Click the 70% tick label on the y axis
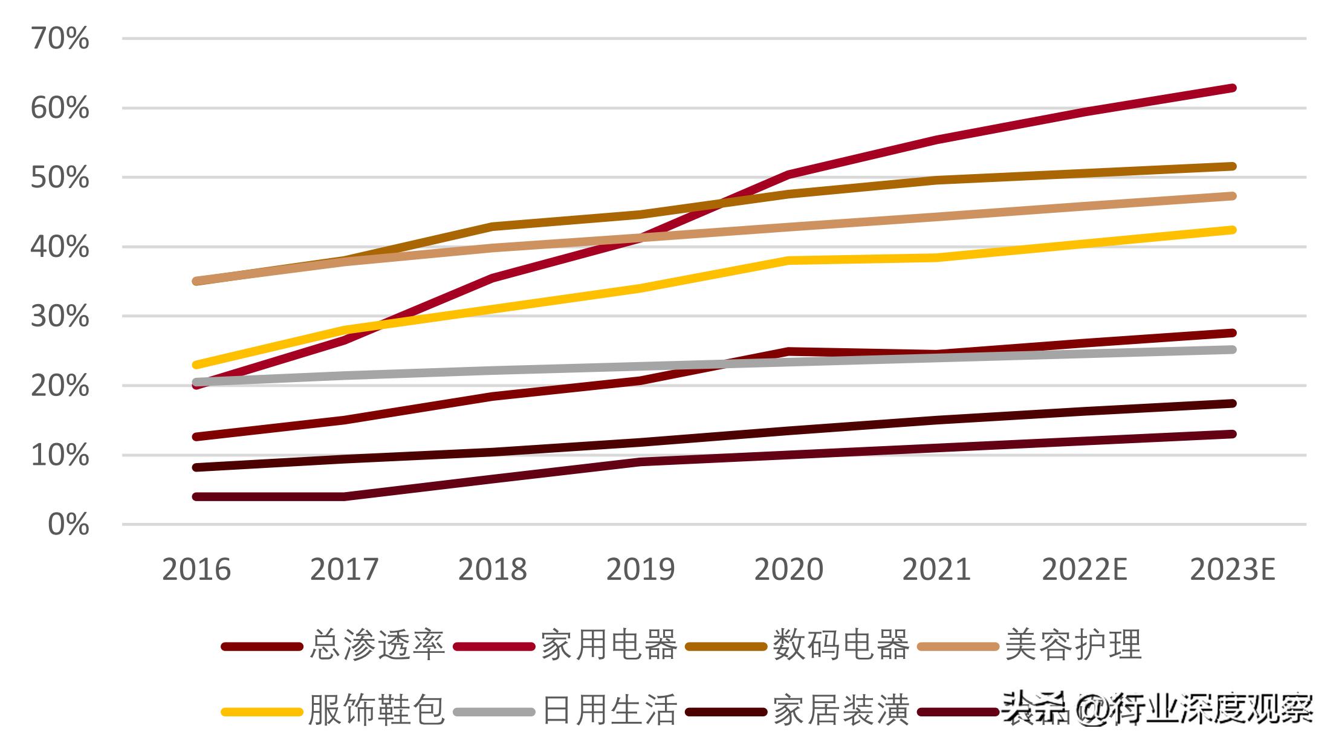tap(60, 39)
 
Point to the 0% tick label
tap(68, 525)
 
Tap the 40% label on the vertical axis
tap(60, 247)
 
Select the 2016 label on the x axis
tap(196, 569)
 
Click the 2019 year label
tap(640, 569)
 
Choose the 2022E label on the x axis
tap(1085, 569)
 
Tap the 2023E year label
tap(1233, 569)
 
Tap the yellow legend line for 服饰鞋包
tap(262, 712)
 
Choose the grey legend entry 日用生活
tap(609, 710)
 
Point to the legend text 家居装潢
tap(841, 710)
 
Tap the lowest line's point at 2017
tap(345, 496)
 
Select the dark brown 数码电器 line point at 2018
tap(493, 227)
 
